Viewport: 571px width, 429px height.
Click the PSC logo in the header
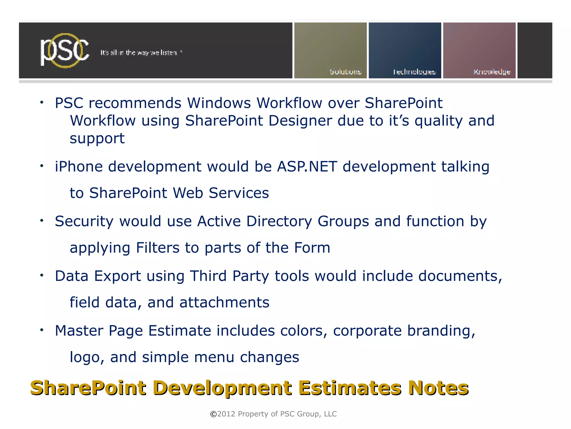coord(64,51)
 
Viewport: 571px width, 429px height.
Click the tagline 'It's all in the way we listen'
coord(141,52)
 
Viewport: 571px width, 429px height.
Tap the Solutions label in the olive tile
coord(345,72)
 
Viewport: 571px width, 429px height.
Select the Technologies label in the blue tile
coord(414,72)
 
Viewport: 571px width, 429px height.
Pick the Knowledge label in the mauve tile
coord(492,72)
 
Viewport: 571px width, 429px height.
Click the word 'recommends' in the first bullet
coord(135,103)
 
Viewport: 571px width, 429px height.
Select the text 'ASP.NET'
coord(307,167)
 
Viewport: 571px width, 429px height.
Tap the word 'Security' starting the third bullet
coord(84,221)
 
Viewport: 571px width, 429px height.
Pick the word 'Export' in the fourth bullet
coord(117,276)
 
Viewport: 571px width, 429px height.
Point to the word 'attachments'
coord(224,303)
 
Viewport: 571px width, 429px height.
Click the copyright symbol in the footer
coord(213,414)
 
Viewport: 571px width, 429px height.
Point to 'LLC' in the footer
coord(330,414)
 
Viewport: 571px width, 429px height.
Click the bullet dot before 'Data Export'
coord(42,276)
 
